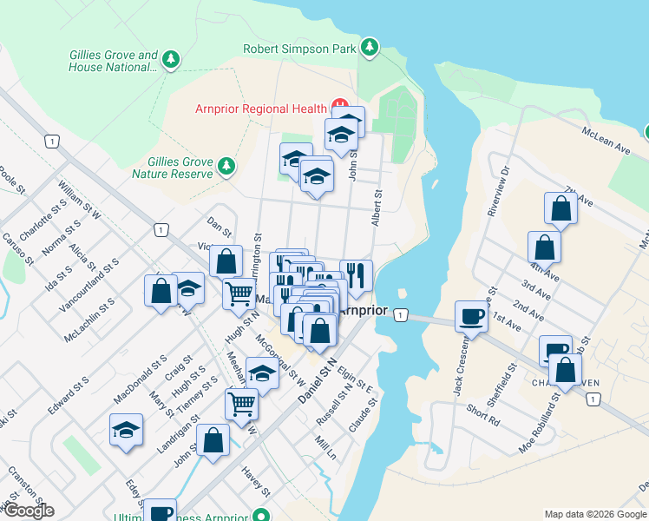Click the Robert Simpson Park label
[299, 49]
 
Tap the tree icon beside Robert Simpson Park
[370, 47]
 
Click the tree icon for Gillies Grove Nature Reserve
[226, 165]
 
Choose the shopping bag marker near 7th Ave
[560, 208]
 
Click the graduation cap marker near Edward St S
[126, 429]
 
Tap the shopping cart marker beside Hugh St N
[239, 293]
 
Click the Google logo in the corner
[28, 511]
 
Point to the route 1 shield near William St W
[53, 142]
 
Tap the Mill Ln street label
[324, 449]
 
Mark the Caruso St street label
[18, 248]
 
